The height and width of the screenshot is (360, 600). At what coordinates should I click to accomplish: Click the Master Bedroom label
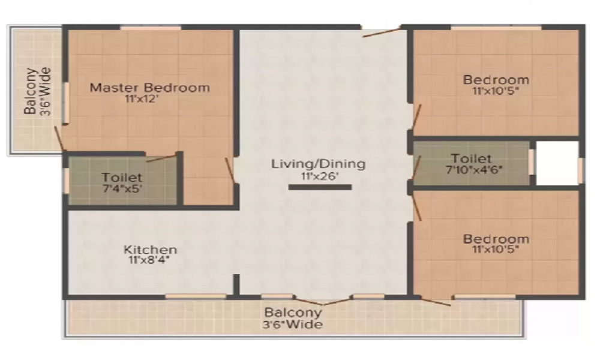click(149, 88)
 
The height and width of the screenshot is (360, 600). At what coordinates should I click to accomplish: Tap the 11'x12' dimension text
click(141, 99)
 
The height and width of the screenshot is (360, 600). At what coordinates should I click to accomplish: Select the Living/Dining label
click(319, 164)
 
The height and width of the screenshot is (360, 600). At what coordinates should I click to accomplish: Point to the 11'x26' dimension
click(320, 176)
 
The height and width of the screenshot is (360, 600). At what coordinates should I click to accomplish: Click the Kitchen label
click(151, 250)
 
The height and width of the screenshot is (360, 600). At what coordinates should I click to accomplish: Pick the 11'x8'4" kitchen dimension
click(149, 260)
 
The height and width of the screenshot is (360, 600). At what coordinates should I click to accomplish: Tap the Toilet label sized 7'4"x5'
click(122, 178)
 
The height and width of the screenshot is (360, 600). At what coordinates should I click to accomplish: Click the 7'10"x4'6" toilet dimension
click(474, 169)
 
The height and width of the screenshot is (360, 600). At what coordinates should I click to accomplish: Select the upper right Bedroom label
click(496, 80)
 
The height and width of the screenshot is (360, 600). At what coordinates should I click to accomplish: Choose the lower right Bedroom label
click(496, 239)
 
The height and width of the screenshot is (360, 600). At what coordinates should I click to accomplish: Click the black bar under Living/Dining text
click(320, 187)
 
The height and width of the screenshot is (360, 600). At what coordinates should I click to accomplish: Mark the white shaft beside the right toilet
click(557, 163)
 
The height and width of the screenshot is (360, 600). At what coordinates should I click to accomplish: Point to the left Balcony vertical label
click(37, 91)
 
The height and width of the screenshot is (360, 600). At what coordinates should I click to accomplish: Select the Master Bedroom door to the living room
click(230, 170)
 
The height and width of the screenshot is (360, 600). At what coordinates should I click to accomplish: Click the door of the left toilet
click(161, 158)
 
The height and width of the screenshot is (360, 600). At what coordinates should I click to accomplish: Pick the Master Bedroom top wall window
click(151, 28)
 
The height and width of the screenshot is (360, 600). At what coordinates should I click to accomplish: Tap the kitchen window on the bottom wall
click(196, 296)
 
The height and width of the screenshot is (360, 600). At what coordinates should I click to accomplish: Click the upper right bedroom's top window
click(496, 28)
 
